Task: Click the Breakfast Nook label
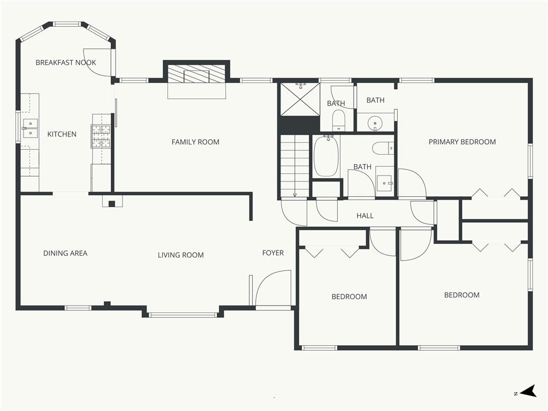(66, 63)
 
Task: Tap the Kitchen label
(62, 134)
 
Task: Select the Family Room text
(195, 142)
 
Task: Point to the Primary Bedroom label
(462, 142)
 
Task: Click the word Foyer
(273, 253)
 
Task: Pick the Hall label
(365, 216)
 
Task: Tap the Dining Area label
(65, 253)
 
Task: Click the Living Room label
(181, 255)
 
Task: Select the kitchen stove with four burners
(101, 136)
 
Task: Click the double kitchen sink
(30, 128)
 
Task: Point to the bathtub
(326, 156)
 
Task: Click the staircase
(295, 166)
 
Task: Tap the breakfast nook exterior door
(99, 62)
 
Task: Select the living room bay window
(183, 315)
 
